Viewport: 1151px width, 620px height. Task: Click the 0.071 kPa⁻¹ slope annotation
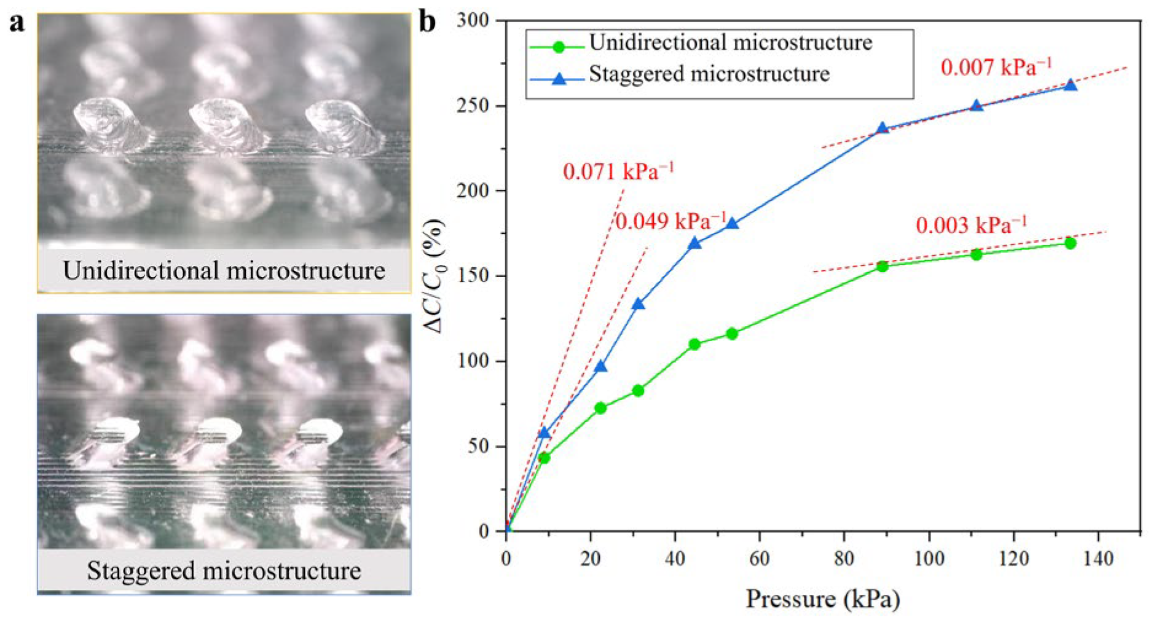[x=618, y=171]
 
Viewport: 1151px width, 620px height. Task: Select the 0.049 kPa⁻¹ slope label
[x=670, y=221]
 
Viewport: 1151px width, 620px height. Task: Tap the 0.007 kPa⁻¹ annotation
[x=996, y=67]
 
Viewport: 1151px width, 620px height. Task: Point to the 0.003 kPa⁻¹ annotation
[x=971, y=225]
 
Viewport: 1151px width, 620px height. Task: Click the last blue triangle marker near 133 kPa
[x=1070, y=85]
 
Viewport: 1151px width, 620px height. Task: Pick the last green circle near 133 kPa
[x=1070, y=243]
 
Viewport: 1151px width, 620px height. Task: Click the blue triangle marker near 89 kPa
[x=882, y=128]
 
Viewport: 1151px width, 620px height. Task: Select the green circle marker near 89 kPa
[x=882, y=267]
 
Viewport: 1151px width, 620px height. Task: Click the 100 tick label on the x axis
[x=929, y=559]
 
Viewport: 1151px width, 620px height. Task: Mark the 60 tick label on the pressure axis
[x=760, y=559]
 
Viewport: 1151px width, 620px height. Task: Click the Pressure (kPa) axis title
[x=823, y=598]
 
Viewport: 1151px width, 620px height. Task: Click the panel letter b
[x=428, y=22]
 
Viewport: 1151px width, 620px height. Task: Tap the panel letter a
[x=17, y=23]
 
